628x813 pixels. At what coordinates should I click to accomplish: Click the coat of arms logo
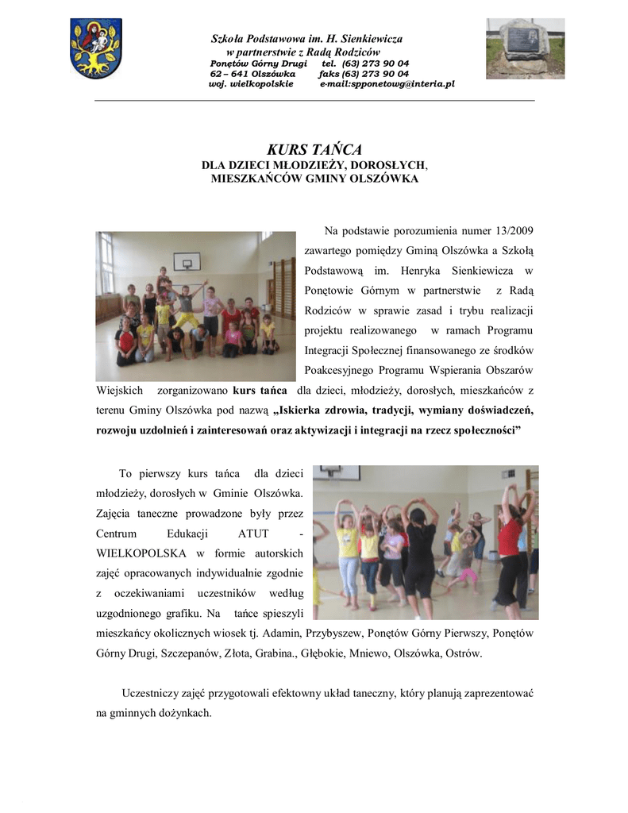click(96, 48)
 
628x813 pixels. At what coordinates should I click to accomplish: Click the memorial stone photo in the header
click(525, 48)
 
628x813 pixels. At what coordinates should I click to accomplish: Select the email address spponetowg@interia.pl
click(387, 83)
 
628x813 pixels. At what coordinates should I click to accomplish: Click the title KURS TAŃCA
click(314, 149)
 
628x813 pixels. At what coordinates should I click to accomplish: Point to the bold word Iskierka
click(308, 410)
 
